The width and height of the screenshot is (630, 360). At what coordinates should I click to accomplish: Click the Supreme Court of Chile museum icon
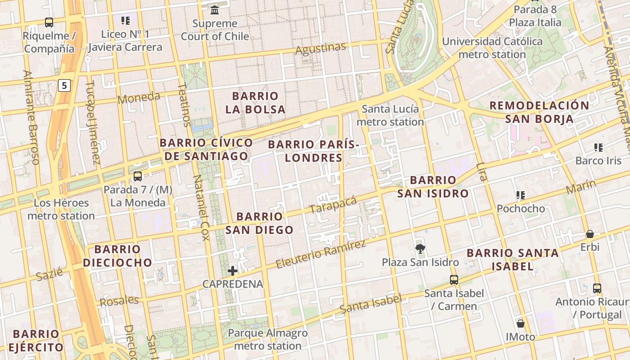pyautogui.click(x=215, y=10)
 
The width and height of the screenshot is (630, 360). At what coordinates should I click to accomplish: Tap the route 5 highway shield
pyautogui.click(x=65, y=85)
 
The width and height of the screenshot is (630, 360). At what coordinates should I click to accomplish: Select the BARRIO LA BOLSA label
pyautogui.click(x=255, y=103)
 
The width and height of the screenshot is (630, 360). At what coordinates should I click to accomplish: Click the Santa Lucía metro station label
pyautogui.click(x=390, y=115)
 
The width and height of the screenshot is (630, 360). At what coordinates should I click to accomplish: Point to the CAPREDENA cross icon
pyautogui.click(x=233, y=270)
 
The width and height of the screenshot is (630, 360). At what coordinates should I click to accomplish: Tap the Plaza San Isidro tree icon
pyautogui.click(x=420, y=248)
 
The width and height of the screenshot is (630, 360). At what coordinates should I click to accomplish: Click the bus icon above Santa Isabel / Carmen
pyautogui.click(x=454, y=279)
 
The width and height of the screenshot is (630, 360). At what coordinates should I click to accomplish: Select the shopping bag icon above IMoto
pyautogui.click(x=521, y=324)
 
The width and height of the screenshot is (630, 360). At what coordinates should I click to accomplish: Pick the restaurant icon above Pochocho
pyautogui.click(x=521, y=195)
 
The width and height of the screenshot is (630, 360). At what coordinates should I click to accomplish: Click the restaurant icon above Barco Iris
pyautogui.click(x=598, y=147)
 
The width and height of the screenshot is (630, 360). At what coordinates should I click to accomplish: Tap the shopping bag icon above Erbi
pyautogui.click(x=589, y=234)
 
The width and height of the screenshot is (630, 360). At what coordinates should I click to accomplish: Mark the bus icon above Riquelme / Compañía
pyautogui.click(x=49, y=22)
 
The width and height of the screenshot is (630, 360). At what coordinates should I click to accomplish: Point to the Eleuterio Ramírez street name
pyautogui.click(x=320, y=254)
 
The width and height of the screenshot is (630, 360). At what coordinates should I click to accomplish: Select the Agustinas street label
pyautogui.click(x=320, y=48)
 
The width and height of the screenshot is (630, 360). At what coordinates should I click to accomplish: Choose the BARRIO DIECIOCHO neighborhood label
pyautogui.click(x=117, y=256)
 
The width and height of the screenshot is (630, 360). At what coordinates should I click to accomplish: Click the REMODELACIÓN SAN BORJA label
pyautogui.click(x=539, y=112)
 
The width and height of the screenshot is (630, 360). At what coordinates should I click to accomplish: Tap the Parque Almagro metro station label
pyautogui.click(x=268, y=339)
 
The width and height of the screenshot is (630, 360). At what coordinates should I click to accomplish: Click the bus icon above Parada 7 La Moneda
pyautogui.click(x=138, y=176)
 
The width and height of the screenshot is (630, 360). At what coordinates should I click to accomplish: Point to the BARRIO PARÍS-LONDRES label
pyautogui.click(x=314, y=151)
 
